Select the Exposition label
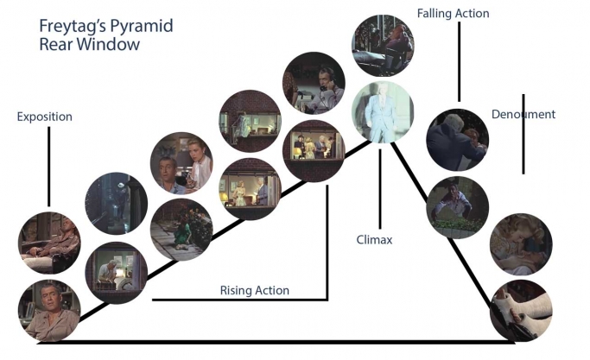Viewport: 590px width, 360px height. (x=44, y=117)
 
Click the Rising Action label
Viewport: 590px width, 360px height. (x=255, y=290)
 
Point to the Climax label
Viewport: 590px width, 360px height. (x=374, y=240)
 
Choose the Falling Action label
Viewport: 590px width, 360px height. (x=453, y=14)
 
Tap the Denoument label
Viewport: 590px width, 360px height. (x=523, y=114)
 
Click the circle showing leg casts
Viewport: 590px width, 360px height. (x=521, y=311)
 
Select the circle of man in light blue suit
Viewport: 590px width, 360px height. (x=383, y=112)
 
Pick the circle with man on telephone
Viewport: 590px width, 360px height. (x=314, y=83)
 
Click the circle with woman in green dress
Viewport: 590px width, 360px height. (x=181, y=230)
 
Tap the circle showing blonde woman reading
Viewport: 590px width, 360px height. (x=521, y=244)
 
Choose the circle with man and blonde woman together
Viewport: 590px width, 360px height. (x=181, y=163)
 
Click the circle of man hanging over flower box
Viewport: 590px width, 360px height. (x=457, y=207)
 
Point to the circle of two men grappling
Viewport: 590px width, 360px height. (x=457, y=140)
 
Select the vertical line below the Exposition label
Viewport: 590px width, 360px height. (x=49, y=167)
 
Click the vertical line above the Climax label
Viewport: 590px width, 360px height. (x=380, y=189)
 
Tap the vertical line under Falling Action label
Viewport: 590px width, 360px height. (x=459, y=61)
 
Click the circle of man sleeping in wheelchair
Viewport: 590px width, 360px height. (x=49, y=243)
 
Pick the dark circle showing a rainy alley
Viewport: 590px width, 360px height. (x=117, y=204)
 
